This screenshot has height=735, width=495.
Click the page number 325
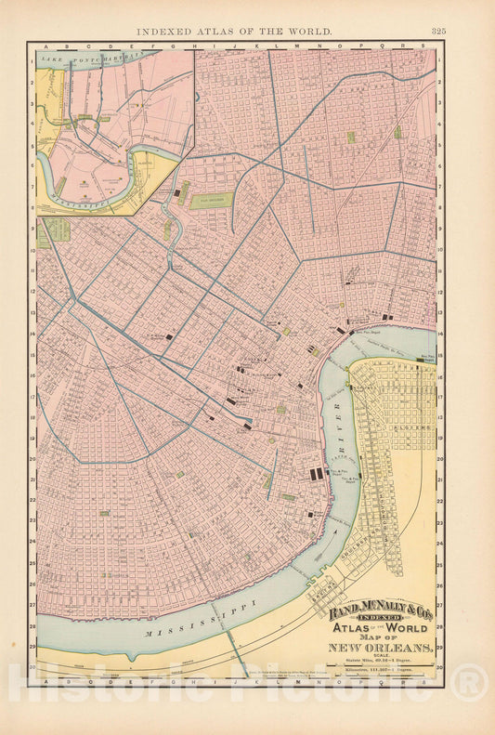point(438,31)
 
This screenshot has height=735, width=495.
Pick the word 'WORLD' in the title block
point(405,636)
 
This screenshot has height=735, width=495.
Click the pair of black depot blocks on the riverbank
point(317,474)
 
